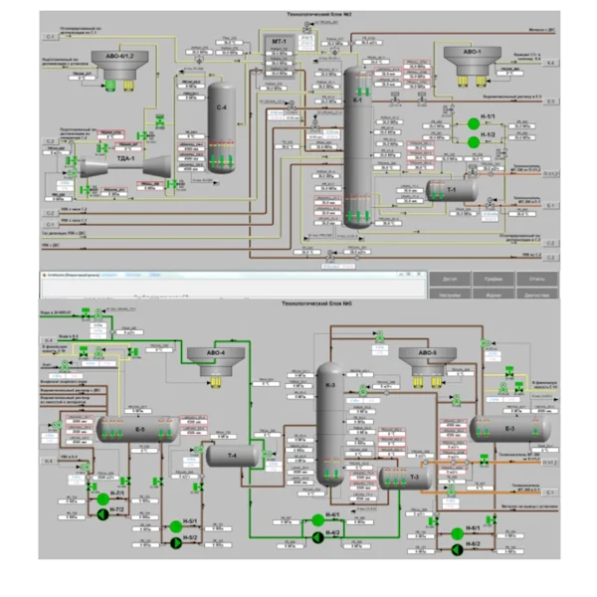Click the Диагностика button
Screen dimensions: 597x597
click(x=536, y=296)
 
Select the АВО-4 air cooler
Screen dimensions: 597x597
click(x=216, y=363)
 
